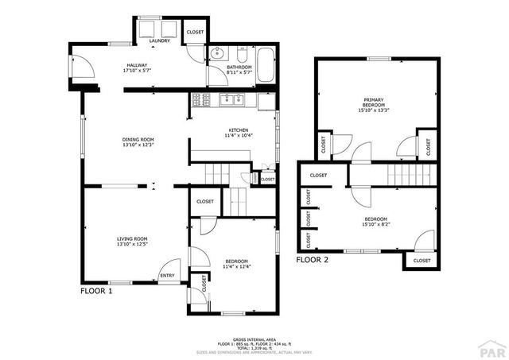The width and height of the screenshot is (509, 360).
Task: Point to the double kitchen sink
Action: click(230, 99)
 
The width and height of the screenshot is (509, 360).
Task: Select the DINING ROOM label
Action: click(137, 139)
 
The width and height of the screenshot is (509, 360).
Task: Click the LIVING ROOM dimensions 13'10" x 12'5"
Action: click(132, 244)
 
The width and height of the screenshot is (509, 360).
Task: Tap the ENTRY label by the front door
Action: click(168, 276)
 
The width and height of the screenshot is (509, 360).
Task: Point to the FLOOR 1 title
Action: click(96, 292)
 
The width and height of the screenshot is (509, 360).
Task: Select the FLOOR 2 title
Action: click(312, 259)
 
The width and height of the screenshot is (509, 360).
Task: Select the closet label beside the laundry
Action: click(195, 32)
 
